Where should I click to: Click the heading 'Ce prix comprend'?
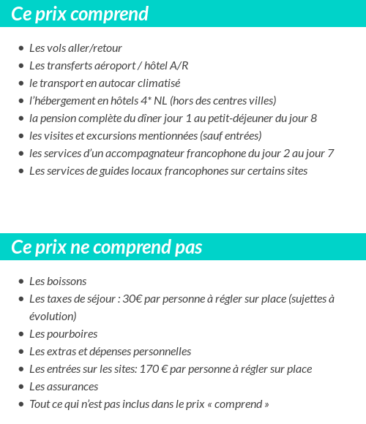[80, 14]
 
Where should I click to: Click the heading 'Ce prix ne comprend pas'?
[107, 247]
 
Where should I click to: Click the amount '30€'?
[132, 299]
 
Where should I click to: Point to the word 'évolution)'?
[53, 317]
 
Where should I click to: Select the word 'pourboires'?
[72, 334]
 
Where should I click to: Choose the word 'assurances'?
[72, 387]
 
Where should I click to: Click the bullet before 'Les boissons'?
[21, 281]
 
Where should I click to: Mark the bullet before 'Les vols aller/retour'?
[21, 48]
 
